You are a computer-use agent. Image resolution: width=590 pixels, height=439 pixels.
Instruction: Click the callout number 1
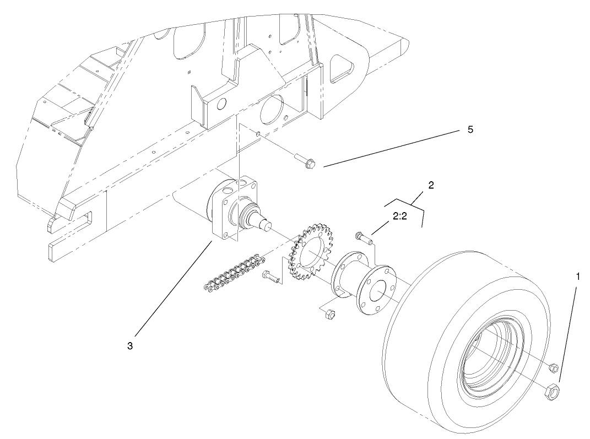click(577, 277)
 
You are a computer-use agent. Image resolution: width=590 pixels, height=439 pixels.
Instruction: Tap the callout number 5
click(469, 130)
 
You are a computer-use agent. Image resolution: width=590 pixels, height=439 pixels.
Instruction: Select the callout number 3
click(129, 346)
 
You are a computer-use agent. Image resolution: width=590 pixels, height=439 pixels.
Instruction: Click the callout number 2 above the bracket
click(431, 185)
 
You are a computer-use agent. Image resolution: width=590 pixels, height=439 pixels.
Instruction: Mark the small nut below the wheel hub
click(331, 315)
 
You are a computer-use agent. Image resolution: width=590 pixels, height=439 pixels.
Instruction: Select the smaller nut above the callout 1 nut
click(554, 367)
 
